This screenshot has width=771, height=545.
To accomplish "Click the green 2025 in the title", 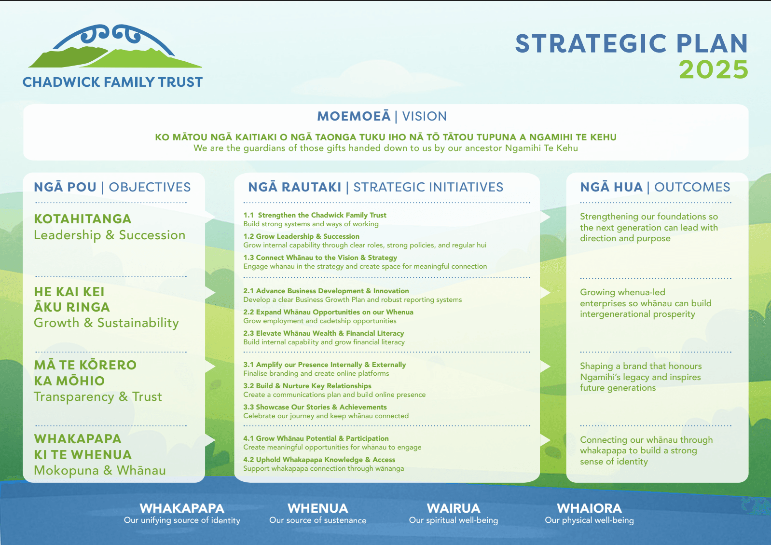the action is (714, 70).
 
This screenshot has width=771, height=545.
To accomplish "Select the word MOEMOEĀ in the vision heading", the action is (354, 116).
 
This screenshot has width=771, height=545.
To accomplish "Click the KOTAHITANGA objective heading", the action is (83, 219).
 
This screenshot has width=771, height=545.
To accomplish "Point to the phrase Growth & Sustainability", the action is (106, 323).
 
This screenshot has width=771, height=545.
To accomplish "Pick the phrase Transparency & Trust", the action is (98, 397).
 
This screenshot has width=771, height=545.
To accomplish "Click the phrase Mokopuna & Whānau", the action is (100, 470).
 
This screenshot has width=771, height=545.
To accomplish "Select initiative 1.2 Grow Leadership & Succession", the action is (301, 236).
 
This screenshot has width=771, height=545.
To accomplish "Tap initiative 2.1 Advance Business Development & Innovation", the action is (326, 291).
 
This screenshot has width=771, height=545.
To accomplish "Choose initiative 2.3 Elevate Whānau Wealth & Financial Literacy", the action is (324, 333).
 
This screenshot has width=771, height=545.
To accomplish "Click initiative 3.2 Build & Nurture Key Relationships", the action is (307, 386).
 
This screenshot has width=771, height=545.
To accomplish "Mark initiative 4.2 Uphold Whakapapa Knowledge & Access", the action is (319, 460).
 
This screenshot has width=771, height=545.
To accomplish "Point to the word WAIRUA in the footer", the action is (454, 508).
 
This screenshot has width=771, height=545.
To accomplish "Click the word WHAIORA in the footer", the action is (589, 508).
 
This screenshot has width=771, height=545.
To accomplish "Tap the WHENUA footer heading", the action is (317, 508).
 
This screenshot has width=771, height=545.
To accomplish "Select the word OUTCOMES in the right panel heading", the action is (692, 187).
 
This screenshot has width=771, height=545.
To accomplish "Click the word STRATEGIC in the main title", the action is (591, 43).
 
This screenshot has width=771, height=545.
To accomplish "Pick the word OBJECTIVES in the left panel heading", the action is (150, 187).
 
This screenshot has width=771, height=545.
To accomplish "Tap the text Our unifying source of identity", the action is (182, 520).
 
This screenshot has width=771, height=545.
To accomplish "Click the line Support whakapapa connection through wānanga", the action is (324, 469).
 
